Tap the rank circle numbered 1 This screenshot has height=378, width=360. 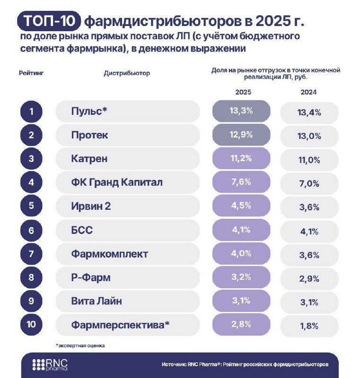(31, 112)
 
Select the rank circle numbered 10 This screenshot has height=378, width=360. (31, 325)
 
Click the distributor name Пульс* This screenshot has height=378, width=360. (89, 112)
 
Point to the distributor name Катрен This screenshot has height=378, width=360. (90, 159)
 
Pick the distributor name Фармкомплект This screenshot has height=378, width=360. (109, 254)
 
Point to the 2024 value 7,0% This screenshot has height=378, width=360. (310, 183)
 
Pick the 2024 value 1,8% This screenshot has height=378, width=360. (310, 326)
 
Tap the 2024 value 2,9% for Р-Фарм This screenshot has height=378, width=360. (310, 278)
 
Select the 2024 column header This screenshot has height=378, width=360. (308, 93)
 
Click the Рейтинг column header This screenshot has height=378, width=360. (31, 74)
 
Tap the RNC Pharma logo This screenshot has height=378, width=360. (50, 365)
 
